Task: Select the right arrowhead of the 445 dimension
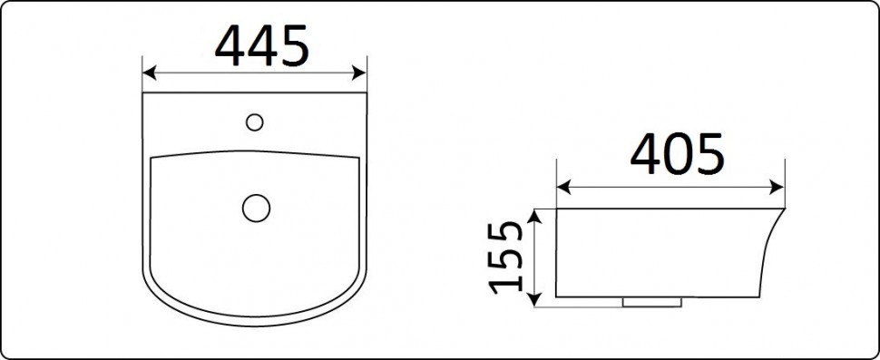pos(360,73)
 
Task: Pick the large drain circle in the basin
pos(256,207)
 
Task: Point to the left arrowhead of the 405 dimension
pos(562,187)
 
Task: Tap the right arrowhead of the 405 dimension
pos(778,187)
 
